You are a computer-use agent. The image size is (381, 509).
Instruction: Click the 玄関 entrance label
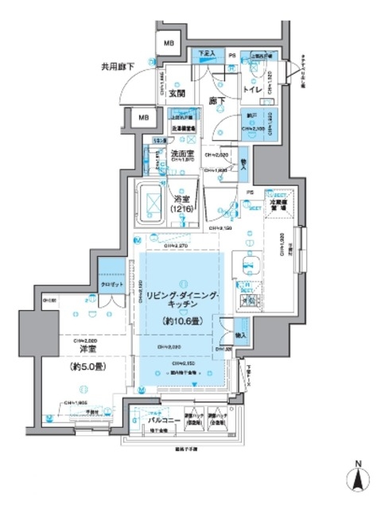177,93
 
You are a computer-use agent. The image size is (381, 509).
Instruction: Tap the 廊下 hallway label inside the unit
216,101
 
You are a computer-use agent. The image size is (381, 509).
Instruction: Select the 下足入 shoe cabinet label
208,53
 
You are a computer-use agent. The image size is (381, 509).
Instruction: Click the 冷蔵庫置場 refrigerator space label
282,204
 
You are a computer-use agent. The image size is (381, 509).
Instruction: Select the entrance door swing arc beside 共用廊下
143,84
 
